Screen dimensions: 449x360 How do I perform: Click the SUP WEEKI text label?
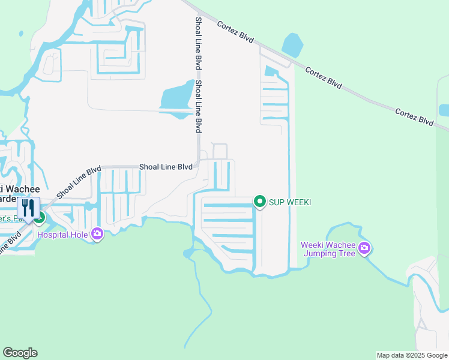coord(289,202)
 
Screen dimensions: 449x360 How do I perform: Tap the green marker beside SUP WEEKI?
coord(260,202)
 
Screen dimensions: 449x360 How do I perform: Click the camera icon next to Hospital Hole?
coord(97,234)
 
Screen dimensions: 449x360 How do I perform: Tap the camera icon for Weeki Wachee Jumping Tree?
coord(364,248)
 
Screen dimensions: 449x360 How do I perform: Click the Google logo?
coord(20,353)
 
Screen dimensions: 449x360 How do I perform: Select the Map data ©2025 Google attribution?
coord(412,355)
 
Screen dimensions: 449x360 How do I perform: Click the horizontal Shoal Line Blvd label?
coord(166,167)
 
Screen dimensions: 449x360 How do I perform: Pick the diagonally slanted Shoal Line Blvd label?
coord(79,182)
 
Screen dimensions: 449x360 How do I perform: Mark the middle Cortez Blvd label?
coord(323,78)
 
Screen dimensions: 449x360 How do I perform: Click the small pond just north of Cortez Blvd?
coord(292,44)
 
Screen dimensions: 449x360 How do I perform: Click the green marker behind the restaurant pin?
coord(40,215)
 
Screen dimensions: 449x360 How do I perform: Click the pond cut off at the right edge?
coord(444,110)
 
